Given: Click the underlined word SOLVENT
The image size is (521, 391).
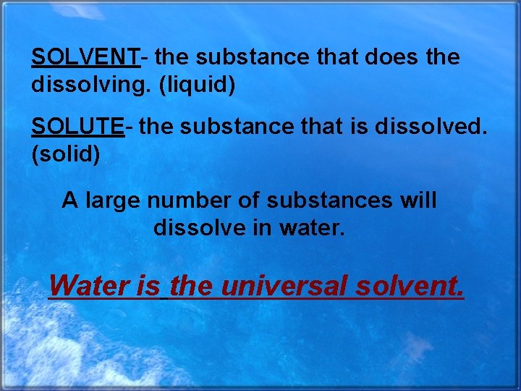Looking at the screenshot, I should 85,57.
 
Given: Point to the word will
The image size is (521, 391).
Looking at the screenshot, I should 418,200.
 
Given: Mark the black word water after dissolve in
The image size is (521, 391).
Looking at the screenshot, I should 315,228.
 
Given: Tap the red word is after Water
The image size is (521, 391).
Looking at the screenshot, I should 147,285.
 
